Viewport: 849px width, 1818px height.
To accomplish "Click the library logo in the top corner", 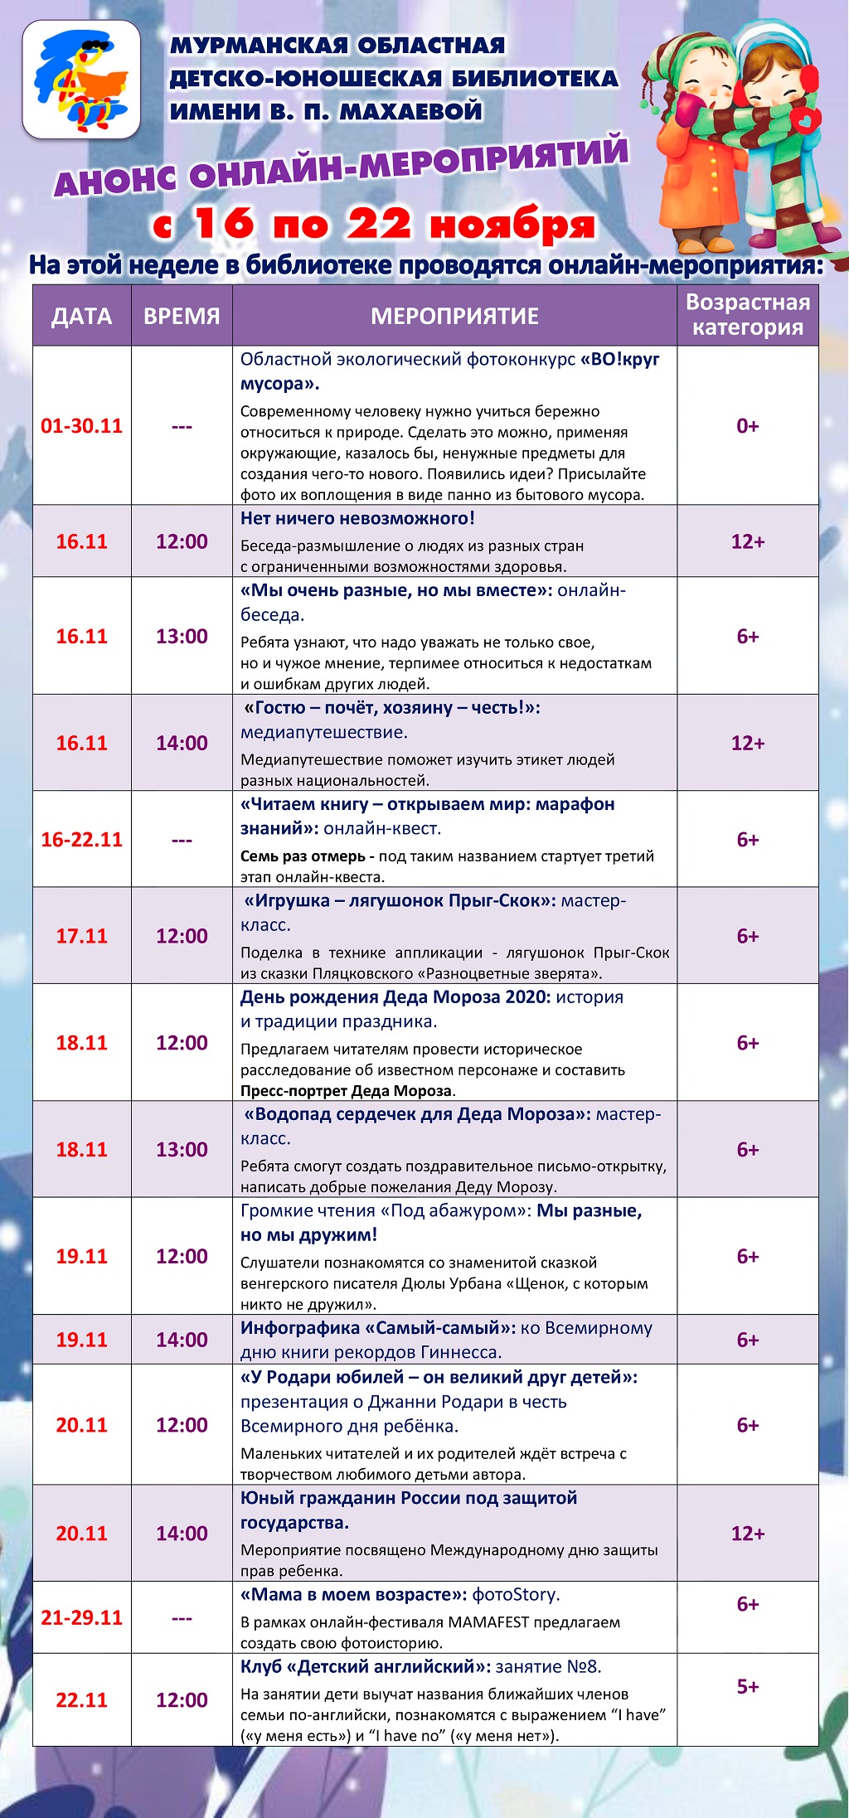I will click(x=81, y=79).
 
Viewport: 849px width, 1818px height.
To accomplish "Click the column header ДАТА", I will click(x=81, y=316).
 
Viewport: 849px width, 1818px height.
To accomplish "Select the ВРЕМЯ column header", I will click(x=182, y=316).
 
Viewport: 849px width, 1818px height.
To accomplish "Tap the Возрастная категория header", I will click(x=747, y=315).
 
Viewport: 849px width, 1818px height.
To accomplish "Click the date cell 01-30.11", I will click(x=81, y=426).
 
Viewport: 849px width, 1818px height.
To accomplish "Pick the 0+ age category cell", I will click(x=747, y=426).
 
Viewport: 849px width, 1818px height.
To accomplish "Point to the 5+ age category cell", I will click(x=747, y=1686).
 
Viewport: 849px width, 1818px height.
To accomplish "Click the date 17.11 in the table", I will click(x=81, y=936).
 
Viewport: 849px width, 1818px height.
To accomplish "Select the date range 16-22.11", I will click(x=81, y=840).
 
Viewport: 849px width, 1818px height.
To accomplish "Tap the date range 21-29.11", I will click(x=81, y=1617).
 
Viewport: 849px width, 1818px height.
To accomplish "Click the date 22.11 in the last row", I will click(x=81, y=1700).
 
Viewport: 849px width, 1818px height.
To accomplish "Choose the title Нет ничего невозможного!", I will click(x=357, y=519).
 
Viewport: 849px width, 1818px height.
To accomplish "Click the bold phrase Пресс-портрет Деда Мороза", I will click(x=347, y=1091).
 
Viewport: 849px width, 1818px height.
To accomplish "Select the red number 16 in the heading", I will click(x=224, y=224).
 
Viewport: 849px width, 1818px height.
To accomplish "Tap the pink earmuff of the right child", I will click(x=808, y=79).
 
